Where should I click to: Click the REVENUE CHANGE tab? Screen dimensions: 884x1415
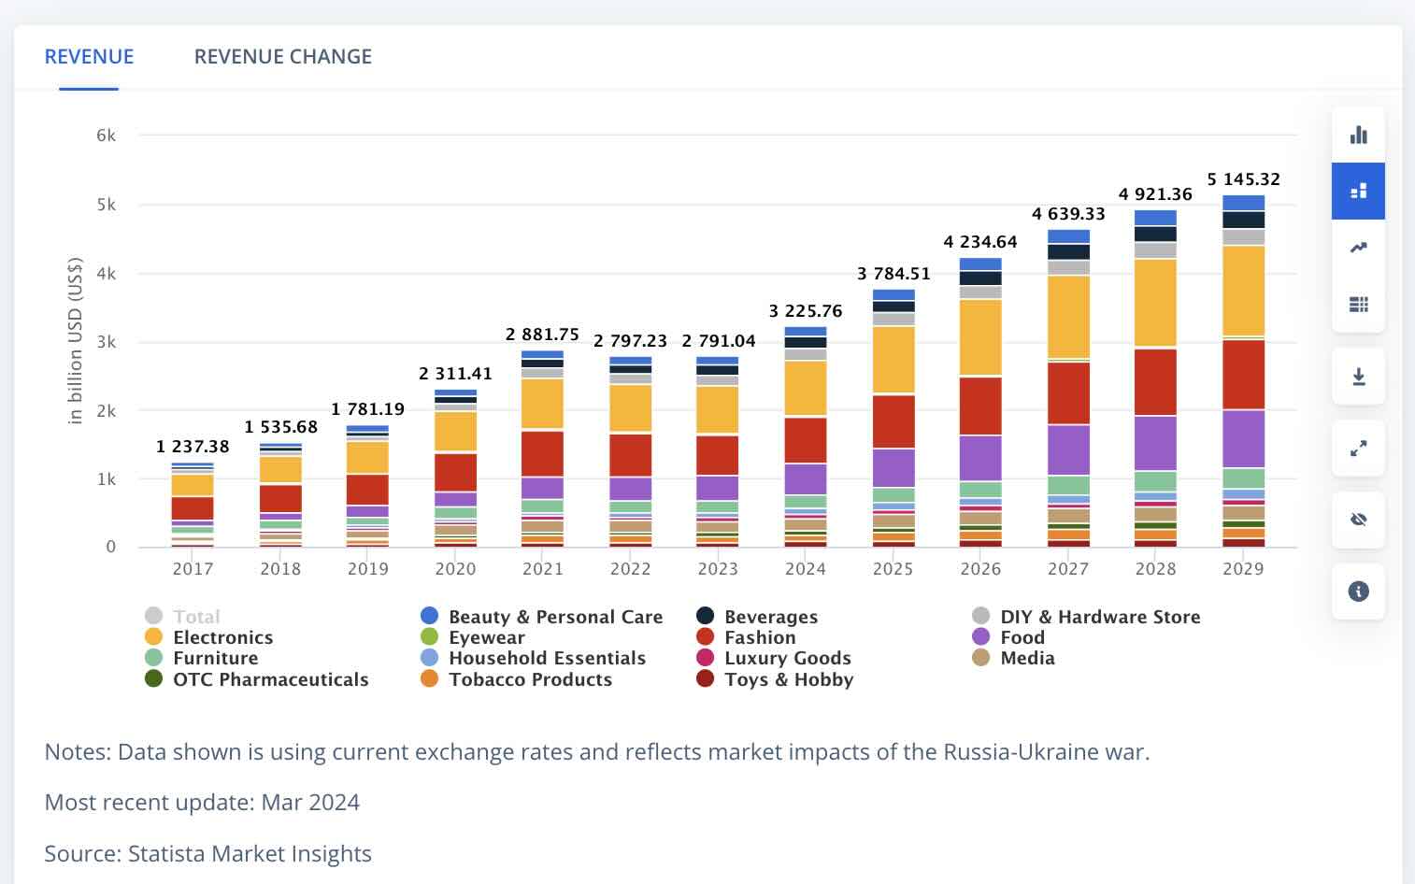tap(282, 56)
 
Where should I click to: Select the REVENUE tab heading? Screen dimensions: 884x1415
tap(89, 56)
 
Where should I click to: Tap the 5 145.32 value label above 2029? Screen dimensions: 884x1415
tap(1243, 178)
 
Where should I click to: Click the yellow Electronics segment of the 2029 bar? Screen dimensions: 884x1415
tap(1243, 290)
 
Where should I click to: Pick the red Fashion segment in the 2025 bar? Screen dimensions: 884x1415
tap(893, 421)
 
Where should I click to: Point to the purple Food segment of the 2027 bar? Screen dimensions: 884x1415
tap(1068, 449)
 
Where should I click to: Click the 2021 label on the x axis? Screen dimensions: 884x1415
tap(543, 568)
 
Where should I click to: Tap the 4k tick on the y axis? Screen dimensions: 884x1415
tap(106, 274)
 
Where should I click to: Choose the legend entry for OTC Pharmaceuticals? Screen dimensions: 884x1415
tap(270, 679)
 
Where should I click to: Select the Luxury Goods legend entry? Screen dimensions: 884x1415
tap(787, 658)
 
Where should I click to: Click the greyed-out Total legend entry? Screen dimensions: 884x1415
tap(196, 617)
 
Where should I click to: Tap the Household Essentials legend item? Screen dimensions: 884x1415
tap(547, 658)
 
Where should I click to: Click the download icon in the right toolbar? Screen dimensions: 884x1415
tap(1358, 377)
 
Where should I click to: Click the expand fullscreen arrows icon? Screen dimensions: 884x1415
tap(1358, 449)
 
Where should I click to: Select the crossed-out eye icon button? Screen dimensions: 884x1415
tap(1358, 520)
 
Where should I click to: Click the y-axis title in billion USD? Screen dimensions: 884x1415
tap(76, 340)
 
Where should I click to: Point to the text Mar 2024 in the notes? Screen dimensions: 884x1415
tap(310, 802)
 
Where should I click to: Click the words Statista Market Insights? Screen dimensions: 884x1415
tap(250, 853)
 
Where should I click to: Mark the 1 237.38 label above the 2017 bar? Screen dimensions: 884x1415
tap(193, 447)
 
